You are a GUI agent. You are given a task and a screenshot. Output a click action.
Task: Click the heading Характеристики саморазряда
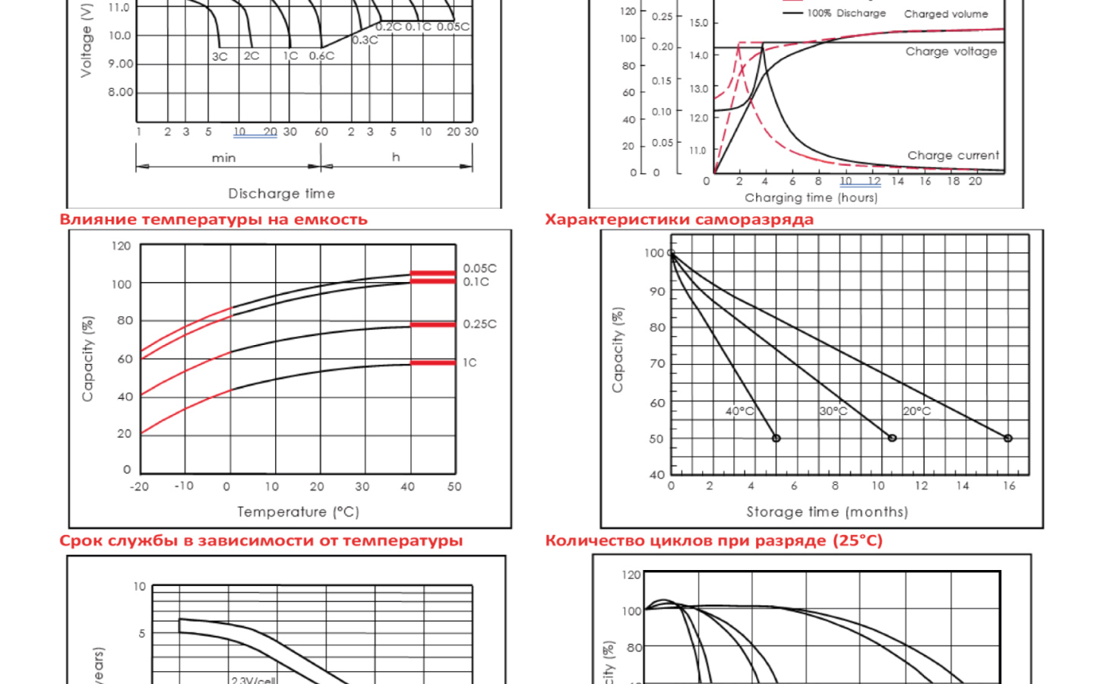(x=678, y=220)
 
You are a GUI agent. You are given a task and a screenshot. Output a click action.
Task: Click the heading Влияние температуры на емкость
(x=213, y=220)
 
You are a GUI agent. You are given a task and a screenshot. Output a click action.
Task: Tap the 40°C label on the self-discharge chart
(x=739, y=411)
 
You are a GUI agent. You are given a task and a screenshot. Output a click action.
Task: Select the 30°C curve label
(x=833, y=411)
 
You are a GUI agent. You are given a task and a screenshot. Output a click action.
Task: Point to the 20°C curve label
(x=916, y=411)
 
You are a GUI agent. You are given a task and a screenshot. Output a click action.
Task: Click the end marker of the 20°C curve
(x=1008, y=439)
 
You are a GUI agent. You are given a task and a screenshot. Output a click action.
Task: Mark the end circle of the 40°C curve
(x=776, y=439)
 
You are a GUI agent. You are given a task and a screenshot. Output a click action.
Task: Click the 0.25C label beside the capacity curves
(x=479, y=324)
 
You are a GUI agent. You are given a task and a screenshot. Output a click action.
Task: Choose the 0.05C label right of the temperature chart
(x=479, y=268)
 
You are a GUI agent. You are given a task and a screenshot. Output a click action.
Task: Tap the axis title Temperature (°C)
(x=298, y=512)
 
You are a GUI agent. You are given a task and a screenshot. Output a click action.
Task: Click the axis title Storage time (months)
(x=827, y=512)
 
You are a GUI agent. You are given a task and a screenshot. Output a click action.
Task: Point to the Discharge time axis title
(x=281, y=194)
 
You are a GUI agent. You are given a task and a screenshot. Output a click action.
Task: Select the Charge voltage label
(x=951, y=52)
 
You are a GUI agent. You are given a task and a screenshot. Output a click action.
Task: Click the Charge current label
(x=953, y=156)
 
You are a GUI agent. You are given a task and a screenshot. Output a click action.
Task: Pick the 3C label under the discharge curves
(x=220, y=56)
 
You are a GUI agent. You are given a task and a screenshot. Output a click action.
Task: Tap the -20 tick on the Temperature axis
(x=139, y=486)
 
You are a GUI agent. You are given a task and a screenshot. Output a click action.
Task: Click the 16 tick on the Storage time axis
(x=1009, y=486)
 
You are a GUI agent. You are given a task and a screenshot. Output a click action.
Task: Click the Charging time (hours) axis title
(x=811, y=198)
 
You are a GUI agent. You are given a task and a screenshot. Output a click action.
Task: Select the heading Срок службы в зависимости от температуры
(x=261, y=541)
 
